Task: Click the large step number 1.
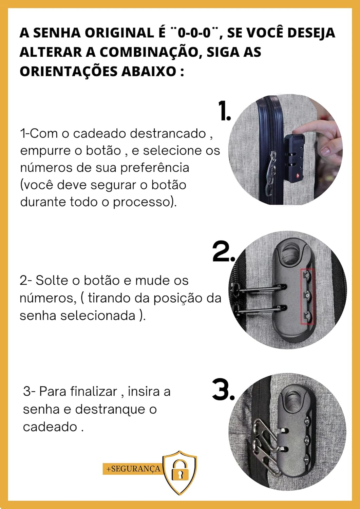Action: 224,111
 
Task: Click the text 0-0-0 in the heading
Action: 194,33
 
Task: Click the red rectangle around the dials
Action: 307,296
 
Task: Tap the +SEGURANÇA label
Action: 133,469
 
